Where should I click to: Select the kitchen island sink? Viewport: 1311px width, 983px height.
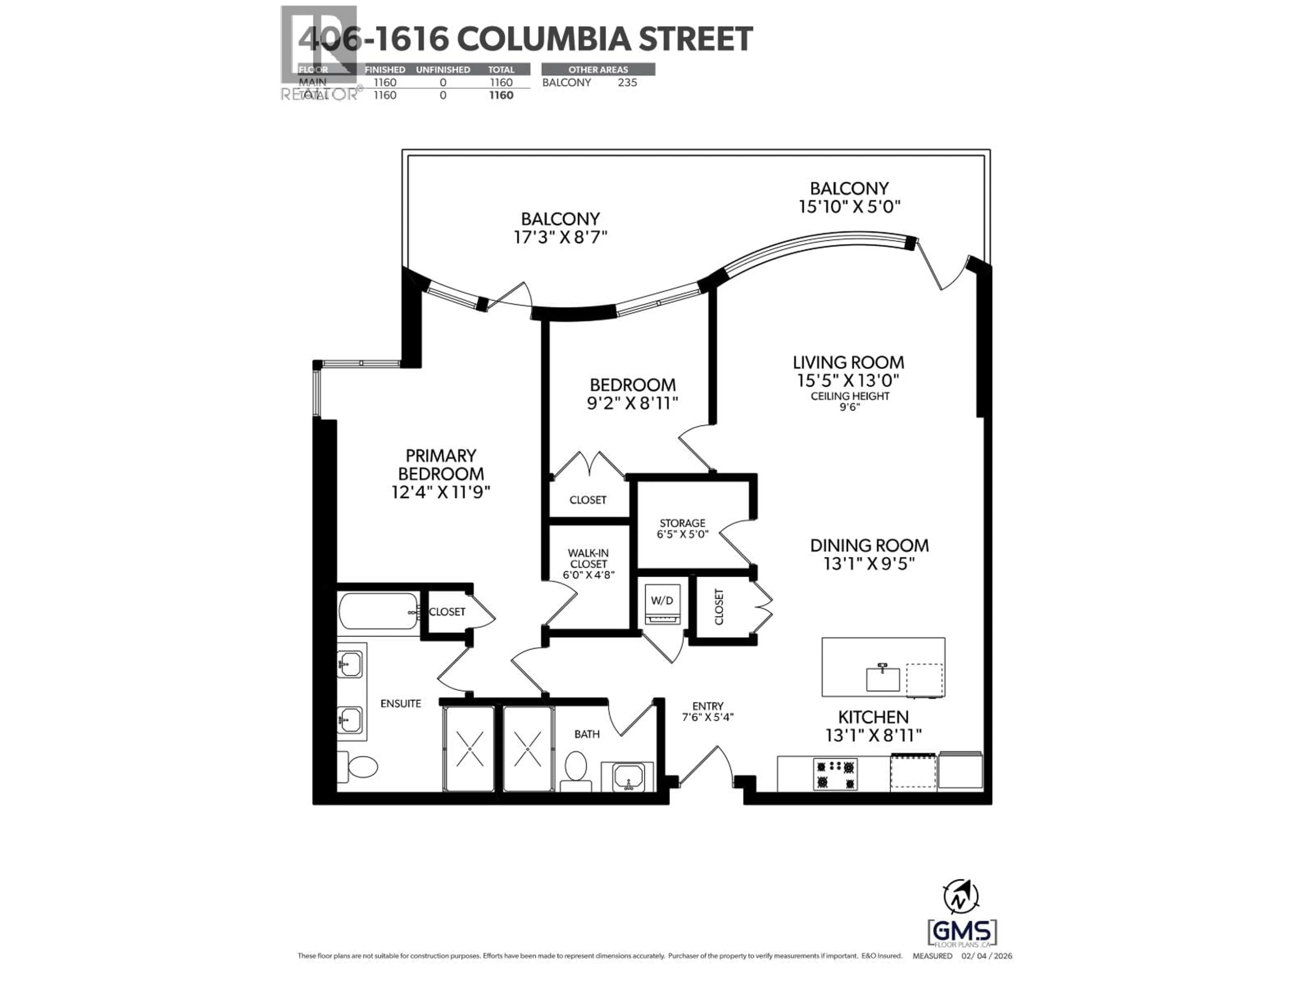coord(883,679)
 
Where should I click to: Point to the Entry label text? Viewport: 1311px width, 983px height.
coord(708,706)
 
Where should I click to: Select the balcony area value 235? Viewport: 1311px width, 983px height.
coord(627,82)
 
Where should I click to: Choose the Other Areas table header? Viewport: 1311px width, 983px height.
coord(598,69)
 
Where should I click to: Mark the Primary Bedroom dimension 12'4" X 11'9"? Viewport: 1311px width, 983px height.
coord(441,493)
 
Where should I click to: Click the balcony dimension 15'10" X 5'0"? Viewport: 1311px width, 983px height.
coord(849,207)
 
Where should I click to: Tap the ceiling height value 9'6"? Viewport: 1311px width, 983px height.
coord(849,407)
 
